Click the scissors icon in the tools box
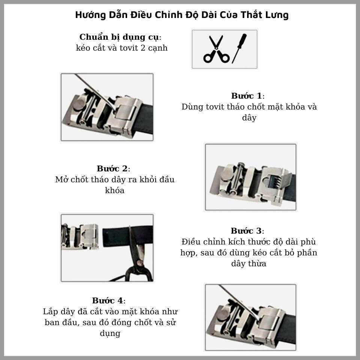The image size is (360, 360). (216, 49)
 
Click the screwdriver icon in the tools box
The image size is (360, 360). (239, 48)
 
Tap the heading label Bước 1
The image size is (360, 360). (247, 96)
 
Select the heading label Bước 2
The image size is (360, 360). (112, 168)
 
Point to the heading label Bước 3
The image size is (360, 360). (246, 231)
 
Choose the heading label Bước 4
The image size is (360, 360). (108, 300)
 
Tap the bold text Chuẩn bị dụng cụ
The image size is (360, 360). (119, 37)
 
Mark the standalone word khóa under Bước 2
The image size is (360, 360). (115, 190)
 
